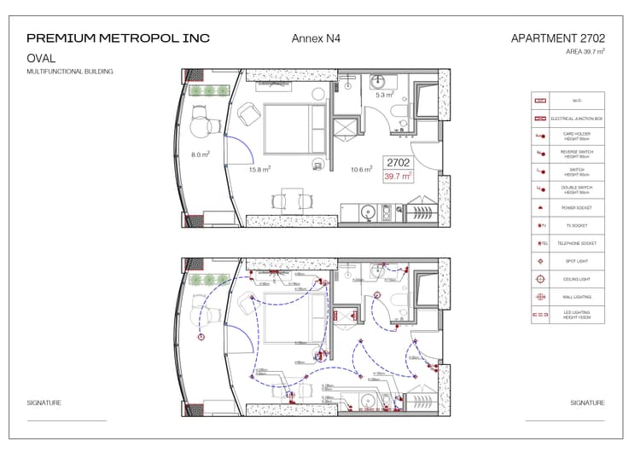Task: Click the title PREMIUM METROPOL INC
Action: click(118, 38)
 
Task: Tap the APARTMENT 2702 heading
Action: click(557, 38)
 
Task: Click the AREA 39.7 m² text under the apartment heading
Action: click(585, 52)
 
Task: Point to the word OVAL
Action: click(42, 59)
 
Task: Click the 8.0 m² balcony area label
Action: click(201, 154)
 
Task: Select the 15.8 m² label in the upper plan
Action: click(259, 170)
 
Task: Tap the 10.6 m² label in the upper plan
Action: click(362, 170)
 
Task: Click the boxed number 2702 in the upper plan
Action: click(398, 162)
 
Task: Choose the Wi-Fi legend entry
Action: click(578, 101)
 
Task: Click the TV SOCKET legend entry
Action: click(578, 226)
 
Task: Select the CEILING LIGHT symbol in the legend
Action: click(539, 279)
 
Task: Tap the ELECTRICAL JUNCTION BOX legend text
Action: click(578, 119)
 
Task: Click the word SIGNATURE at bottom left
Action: click(44, 403)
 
